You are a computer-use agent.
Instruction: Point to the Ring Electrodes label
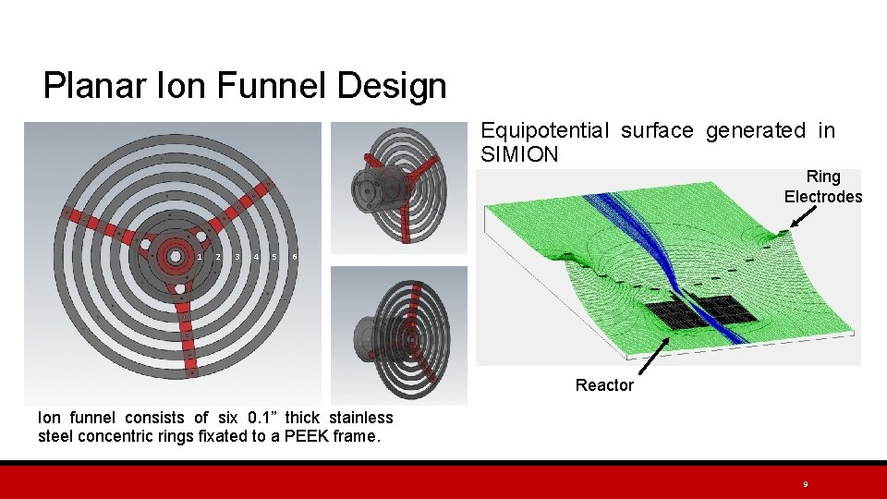(822, 186)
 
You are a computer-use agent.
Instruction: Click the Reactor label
(604, 385)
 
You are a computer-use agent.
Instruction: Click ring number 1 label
(200, 256)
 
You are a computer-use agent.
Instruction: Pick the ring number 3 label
(237, 256)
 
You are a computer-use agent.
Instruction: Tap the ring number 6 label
(294, 256)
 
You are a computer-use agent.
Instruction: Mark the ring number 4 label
(256, 256)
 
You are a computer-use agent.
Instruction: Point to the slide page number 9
(806, 484)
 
